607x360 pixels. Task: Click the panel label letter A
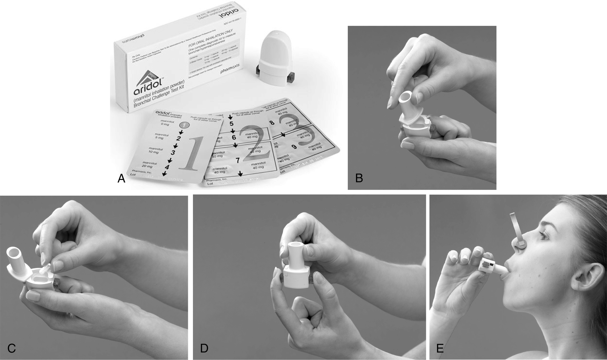[x=121, y=179]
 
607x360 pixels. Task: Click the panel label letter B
[x=359, y=178]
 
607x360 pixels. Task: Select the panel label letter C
[x=11, y=348]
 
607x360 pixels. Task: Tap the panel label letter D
[x=204, y=348]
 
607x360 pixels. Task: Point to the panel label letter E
[x=440, y=348]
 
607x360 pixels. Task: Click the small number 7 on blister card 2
[x=238, y=160]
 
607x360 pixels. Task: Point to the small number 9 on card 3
[x=294, y=147]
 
